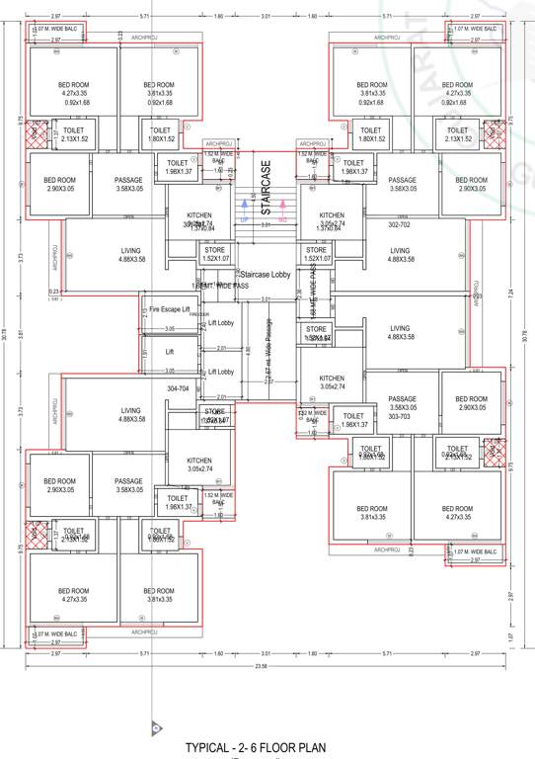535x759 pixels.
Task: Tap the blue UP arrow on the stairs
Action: (243, 210)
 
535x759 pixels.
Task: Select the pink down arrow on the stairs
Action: (282, 210)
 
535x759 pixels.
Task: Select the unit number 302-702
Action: (399, 224)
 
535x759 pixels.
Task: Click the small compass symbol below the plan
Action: (154, 728)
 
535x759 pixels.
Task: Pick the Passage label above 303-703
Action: (403, 401)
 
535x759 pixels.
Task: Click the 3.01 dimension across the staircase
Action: (265, 225)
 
